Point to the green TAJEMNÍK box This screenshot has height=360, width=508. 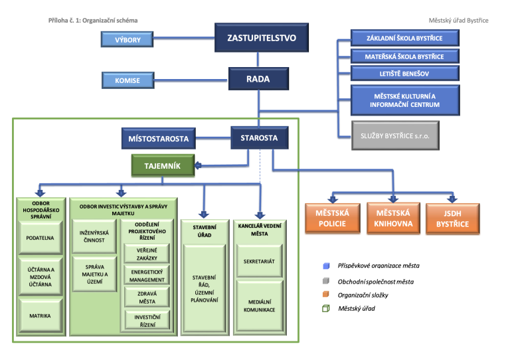(163, 164)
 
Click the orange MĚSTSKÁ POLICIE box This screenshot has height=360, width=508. (332, 218)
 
